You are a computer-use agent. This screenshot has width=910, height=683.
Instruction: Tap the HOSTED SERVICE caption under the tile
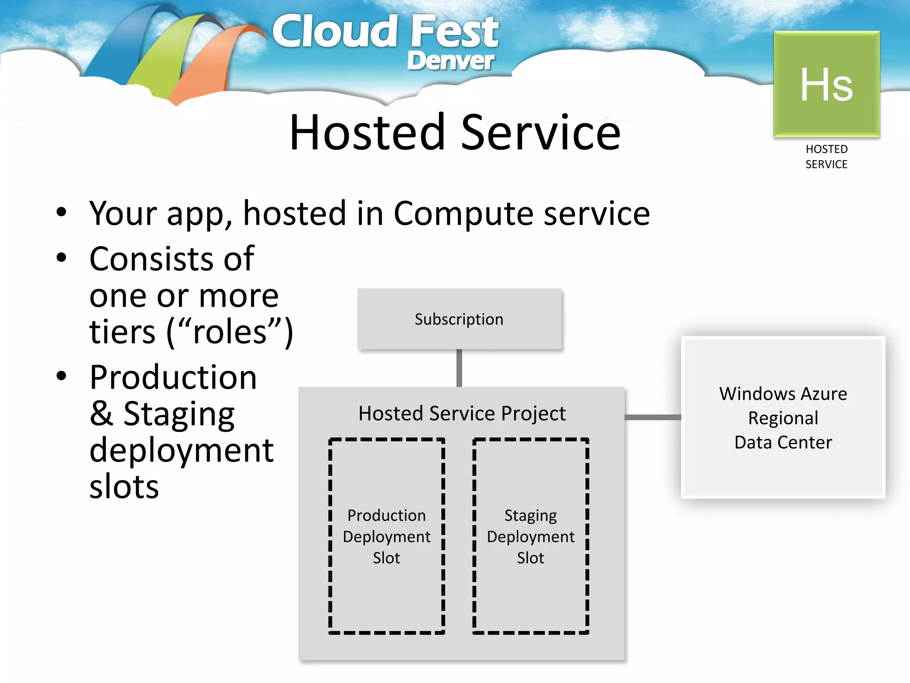[826, 157]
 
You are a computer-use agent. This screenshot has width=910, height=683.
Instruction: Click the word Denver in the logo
[450, 61]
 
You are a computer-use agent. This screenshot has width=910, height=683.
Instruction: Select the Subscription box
[459, 319]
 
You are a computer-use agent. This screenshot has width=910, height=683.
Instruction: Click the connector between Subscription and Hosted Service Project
[459, 368]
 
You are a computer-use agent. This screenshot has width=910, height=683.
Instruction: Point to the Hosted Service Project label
[462, 414]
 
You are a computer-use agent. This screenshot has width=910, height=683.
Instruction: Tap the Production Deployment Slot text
[386, 536]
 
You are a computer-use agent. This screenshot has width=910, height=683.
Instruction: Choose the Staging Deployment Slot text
[531, 536]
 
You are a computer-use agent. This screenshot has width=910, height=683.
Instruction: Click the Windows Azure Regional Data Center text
[783, 418]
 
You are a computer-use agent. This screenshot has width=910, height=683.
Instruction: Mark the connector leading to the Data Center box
[652, 417]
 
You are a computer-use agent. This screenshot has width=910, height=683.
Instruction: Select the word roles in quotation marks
[229, 332]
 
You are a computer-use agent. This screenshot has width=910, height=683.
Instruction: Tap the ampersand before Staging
[101, 414]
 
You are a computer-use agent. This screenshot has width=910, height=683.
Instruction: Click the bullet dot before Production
[61, 376]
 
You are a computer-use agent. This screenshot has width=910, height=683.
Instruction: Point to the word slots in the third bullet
[124, 487]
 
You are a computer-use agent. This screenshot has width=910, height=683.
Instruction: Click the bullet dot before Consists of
[61, 258]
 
